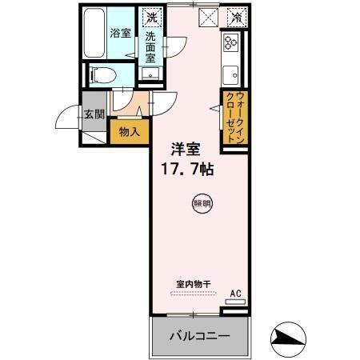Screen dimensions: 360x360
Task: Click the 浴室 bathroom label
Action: (x=120, y=34)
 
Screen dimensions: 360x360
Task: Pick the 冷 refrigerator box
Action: (x=235, y=16)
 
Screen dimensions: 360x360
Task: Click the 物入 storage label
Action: (x=129, y=131)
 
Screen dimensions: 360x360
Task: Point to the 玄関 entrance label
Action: (x=93, y=114)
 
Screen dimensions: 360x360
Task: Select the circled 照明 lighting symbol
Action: (x=202, y=204)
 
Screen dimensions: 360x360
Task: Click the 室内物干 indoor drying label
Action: (x=193, y=284)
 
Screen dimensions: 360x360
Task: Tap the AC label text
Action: (x=235, y=294)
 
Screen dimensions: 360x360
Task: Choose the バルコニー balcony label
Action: (x=198, y=336)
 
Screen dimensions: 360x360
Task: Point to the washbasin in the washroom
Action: (x=151, y=74)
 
